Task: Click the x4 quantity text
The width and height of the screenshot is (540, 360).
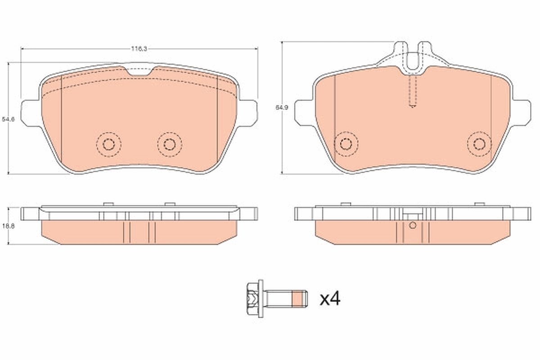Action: [330, 299]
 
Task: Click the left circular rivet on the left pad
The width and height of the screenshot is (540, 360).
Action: [108, 144]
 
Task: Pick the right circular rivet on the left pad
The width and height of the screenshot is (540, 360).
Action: [170, 144]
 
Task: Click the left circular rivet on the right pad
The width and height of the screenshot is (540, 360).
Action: [346, 144]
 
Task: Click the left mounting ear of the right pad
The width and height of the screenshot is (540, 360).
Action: [303, 111]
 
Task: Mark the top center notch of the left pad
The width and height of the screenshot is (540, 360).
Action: [139, 71]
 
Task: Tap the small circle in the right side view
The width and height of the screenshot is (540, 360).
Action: [413, 225]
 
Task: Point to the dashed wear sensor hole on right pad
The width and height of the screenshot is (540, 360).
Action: [413, 92]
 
